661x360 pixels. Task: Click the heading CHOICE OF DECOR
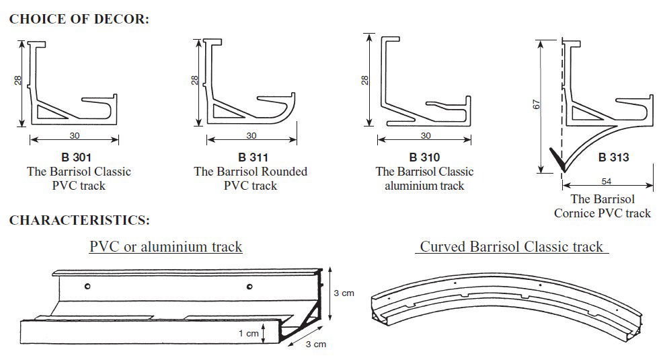[79, 19]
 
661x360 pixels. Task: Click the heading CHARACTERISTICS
[79, 220]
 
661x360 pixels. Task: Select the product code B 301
[76, 158]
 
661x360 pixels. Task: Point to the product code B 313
[613, 158]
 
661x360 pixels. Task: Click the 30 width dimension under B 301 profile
[75, 136]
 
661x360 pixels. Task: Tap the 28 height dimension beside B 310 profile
[365, 80]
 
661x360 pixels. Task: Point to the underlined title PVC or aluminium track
[165, 247]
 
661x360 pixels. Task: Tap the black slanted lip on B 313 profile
[557, 159]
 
